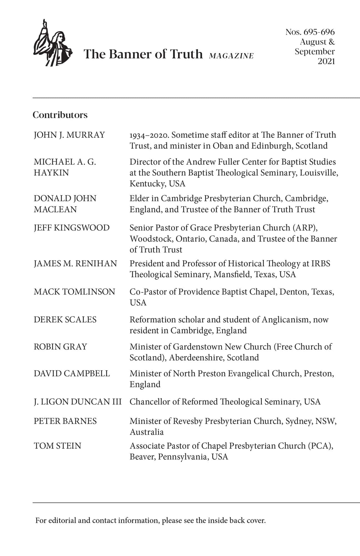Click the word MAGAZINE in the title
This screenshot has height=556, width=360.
coord(231,56)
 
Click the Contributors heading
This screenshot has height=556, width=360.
coord(60,115)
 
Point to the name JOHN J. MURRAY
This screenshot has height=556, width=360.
coord(69,135)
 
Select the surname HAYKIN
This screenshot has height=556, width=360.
coord(51,173)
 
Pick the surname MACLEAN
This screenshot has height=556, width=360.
coord(55,209)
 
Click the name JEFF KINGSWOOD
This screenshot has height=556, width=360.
coord(72,228)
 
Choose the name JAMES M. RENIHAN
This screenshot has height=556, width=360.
coord(75,264)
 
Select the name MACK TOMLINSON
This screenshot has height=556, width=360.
coord(74,292)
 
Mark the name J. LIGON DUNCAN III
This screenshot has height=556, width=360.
coord(78,402)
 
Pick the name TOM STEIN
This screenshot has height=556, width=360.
coord(57,446)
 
